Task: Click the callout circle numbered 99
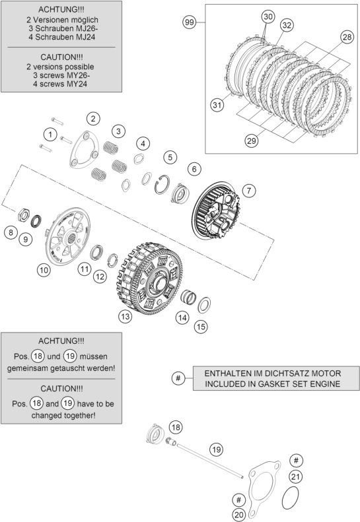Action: tap(190, 22)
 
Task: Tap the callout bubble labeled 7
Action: tap(248, 191)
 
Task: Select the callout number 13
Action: tap(125, 316)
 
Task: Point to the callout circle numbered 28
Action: tap(347, 36)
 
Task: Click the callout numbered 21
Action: tap(295, 476)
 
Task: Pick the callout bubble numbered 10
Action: tap(44, 270)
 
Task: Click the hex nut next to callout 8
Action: tap(23, 215)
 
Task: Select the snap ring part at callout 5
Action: tap(162, 184)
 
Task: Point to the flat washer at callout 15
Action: tap(204, 305)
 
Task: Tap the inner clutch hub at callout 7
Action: tap(215, 210)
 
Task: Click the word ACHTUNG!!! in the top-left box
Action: tap(61, 9)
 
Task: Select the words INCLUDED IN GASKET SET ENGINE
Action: tap(272, 384)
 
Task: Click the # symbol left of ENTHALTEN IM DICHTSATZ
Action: tap(178, 378)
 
